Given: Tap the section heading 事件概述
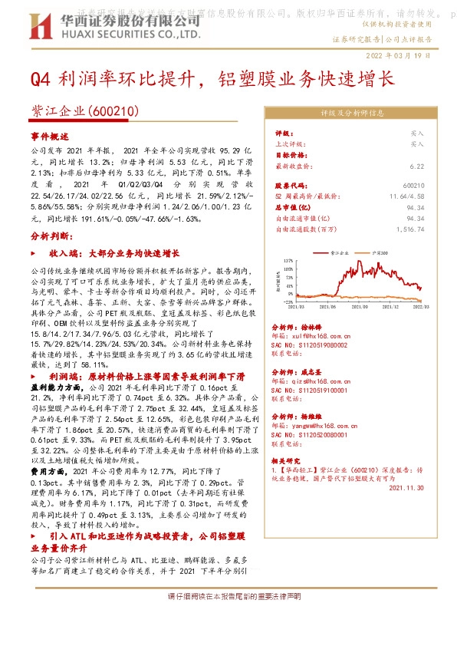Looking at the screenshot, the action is click(x=49, y=135).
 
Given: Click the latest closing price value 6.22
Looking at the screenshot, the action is click(x=416, y=165).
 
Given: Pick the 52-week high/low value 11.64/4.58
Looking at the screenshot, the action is click(x=406, y=196).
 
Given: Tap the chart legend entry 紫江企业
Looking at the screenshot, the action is click(x=339, y=252).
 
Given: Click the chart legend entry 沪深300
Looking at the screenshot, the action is click(x=380, y=252).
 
